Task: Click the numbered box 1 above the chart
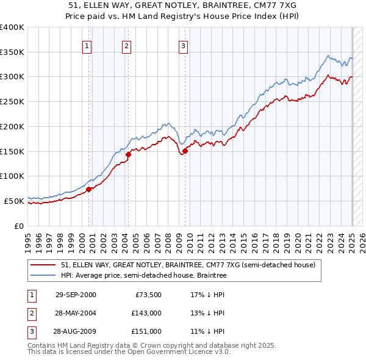point(87,46)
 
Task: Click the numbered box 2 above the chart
point(126,46)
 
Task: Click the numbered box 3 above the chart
point(183,46)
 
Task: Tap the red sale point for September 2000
point(89,189)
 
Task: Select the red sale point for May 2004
point(129,155)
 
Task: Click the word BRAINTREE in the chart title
point(229,4)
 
